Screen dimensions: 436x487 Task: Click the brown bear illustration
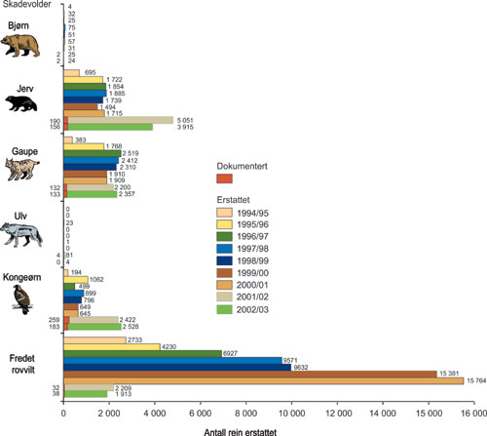[x=24, y=45]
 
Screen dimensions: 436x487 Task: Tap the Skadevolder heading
[x=28, y=6]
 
